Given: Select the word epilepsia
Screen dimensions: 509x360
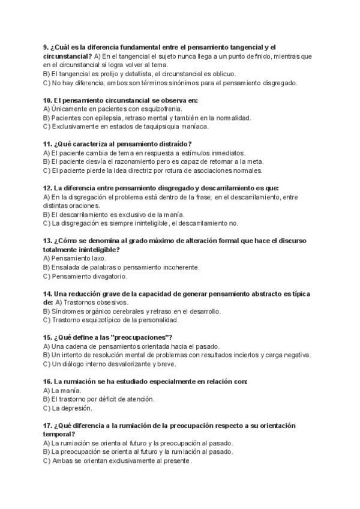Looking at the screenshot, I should click(96, 118).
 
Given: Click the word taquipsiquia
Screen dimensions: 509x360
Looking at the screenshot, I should click(151, 127).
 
